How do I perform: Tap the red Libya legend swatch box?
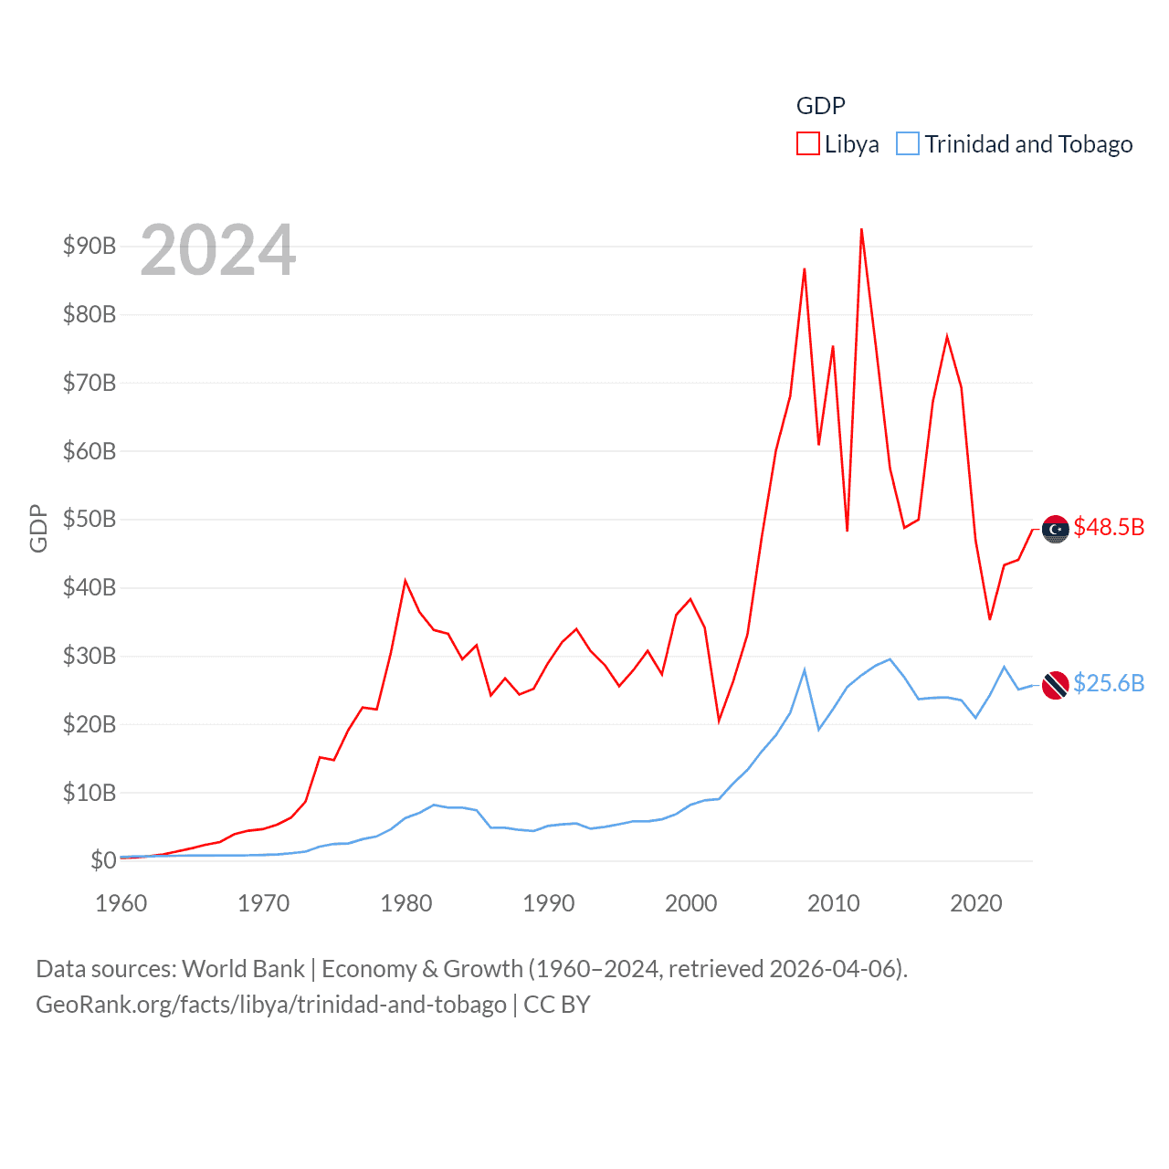808,144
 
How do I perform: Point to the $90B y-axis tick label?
90,246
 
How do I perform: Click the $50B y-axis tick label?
90,520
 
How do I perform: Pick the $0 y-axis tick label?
103,860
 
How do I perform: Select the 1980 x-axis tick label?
406,903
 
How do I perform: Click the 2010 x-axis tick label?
834,903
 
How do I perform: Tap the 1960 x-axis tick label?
121,903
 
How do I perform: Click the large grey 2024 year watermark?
218,249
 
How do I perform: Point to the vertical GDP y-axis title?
38,528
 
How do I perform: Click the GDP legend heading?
821,106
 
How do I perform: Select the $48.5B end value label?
1109,527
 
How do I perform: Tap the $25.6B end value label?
1109,683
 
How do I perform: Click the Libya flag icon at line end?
1056,529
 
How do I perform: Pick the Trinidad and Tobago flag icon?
1056,685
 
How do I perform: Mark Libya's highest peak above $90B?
861,230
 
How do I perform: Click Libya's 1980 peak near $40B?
405,581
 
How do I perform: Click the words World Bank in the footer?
243,969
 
